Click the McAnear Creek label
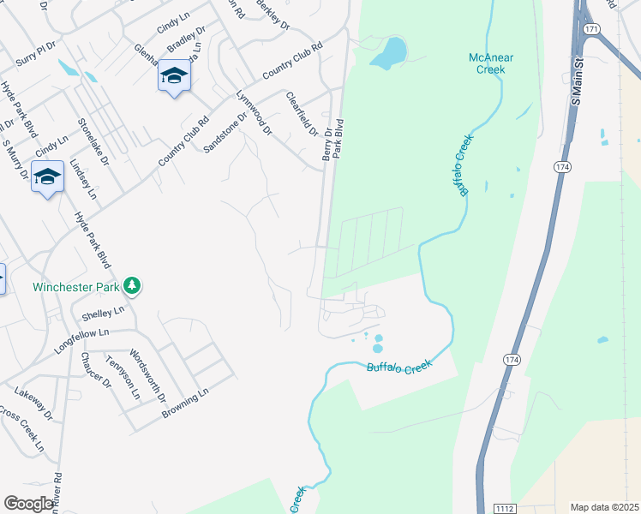[491, 63]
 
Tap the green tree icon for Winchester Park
[132, 284]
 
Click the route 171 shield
[591, 29]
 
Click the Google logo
[28, 504]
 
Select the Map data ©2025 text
[604, 507]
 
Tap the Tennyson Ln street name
[123, 377]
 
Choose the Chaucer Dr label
[96, 370]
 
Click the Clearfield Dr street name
[301, 115]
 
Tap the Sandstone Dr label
[225, 131]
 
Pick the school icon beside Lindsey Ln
[47, 177]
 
